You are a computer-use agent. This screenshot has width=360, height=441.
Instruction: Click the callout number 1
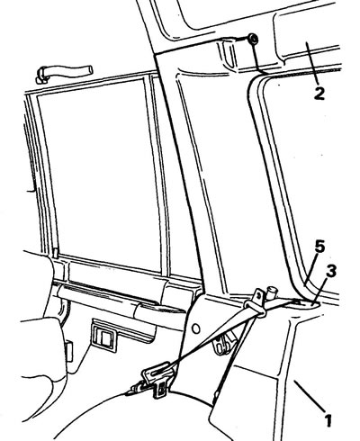coord(328,420)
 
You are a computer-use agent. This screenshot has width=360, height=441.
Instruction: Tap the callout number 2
coord(319,94)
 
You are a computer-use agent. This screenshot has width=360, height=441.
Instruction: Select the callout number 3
coord(330,271)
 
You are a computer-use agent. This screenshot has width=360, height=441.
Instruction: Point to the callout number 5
coord(319,247)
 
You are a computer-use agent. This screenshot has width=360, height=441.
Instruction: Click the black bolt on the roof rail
coord(253,39)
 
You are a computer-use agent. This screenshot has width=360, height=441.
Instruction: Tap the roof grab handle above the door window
coord(64,73)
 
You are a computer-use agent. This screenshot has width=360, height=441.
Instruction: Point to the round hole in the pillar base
coord(196,328)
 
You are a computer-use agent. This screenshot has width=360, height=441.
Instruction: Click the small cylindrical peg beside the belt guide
coord(273,292)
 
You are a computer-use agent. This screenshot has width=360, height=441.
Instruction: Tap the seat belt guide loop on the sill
coord(256,309)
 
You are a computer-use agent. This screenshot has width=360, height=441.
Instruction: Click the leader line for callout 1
coord(310,396)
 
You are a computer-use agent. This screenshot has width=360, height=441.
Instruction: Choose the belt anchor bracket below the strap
coord(222,343)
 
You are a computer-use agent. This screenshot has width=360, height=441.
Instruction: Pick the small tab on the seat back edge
coord(68,352)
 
